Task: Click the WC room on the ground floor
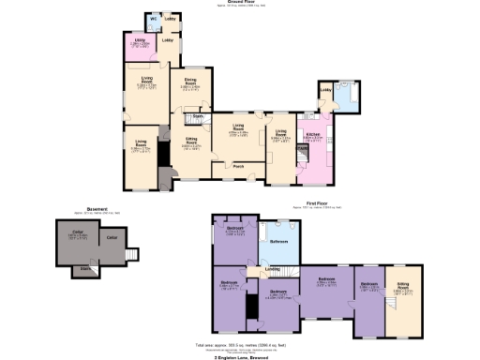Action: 152,21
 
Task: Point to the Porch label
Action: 239,168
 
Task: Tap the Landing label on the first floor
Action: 272,269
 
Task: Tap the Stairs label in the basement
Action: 85,267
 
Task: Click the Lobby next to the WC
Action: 172,18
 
